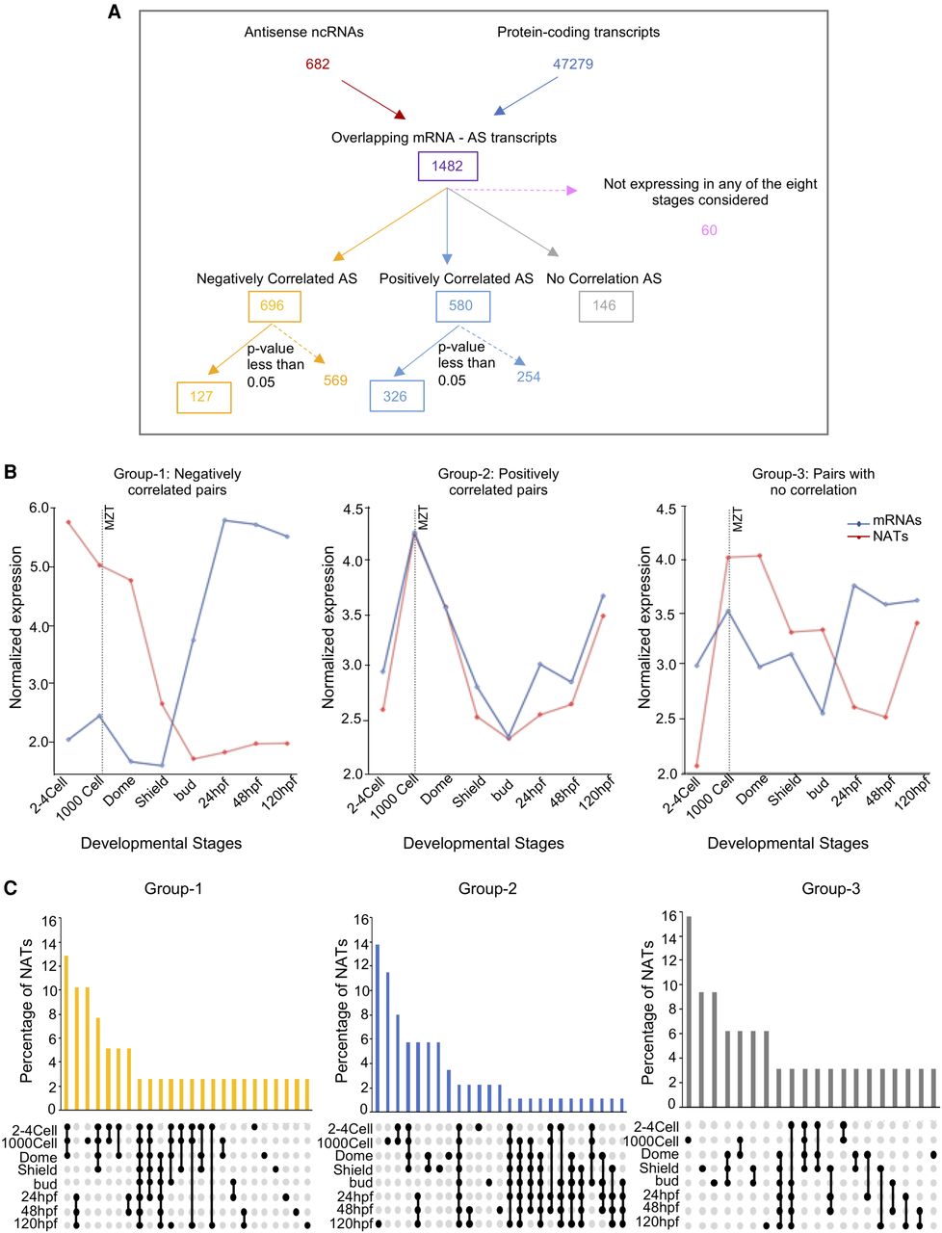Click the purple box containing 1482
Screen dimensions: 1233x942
[447, 166]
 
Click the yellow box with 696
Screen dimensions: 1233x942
[274, 306]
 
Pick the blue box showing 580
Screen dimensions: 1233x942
[462, 306]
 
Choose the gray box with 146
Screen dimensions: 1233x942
[605, 306]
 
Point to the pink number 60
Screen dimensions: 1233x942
[709, 230]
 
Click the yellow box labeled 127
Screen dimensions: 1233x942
[203, 397]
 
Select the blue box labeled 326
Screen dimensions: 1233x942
[396, 396]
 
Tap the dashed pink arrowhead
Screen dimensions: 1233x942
[571, 190]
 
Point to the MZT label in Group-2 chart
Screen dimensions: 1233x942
[423, 518]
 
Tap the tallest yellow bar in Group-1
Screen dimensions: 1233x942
[66, 1032]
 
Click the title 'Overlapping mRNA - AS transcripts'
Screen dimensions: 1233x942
[444, 138]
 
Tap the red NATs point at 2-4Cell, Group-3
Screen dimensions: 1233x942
[696, 766]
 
